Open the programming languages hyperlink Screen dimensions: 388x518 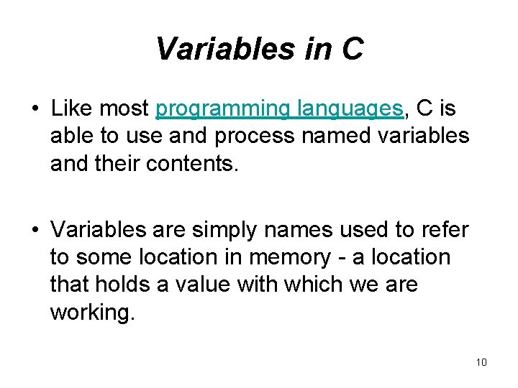(x=279, y=109)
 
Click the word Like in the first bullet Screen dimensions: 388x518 (x=73, y=109)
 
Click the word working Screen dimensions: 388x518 (x=91, y=312)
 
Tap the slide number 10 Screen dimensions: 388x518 (x=481, y=362)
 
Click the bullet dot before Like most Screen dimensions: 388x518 (x=34, y=110)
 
